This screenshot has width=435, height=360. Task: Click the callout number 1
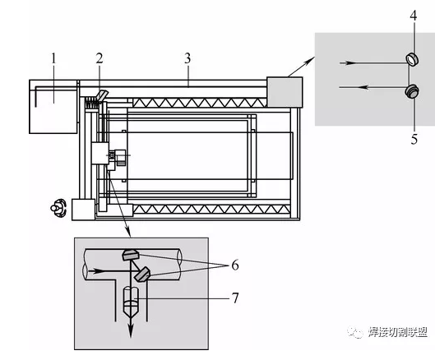pyautogui.click(x=53, y=58)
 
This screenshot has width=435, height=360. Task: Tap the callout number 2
pyautogui.click(x=99, y=58)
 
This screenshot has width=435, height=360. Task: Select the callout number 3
pyautogui.click(x=187, y=58)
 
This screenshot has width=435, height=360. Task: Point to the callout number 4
pyautogui.click(x=414, y=16)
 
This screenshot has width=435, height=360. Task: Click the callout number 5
pyautogui.click(x=414, y=139)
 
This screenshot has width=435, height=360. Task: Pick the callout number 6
pyautogui.click(x=235, y=265)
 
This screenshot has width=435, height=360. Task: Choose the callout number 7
pyautogui.click(x=235, y=298)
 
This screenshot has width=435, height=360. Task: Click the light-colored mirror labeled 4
pyautogui.click(x=412, y=60)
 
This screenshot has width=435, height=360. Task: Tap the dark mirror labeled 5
pyautogui.click(x=412, y=91)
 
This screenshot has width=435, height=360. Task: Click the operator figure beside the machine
pyautogui.click(x=58, y=208)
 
